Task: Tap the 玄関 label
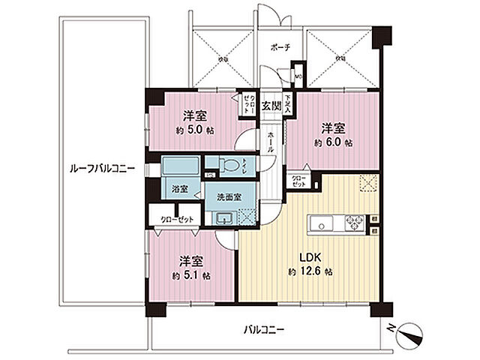pyautogui.click(x=271, y=106)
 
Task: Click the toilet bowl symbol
pyautogui.click(x=229, y=163)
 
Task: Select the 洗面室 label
pyautogui.click(x=227, y=196)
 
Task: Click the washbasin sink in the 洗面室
pyautogui.click(x=223, y=218)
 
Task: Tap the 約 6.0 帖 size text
pyautogui.click(x=334, y=142)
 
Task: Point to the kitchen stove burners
pyautogui.click(x=352, y=223)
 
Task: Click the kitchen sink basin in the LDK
pyautogui.click(x=319, y=223)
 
